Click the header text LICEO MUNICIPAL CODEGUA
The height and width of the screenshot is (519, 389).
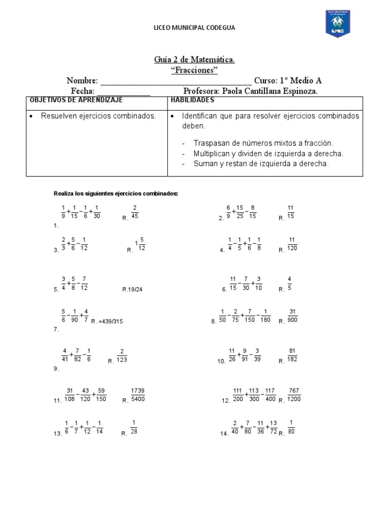[x=194, y=28]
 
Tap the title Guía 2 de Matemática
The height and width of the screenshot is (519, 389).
[x=194, y=60]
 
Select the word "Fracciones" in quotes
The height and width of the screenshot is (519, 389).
[x=194, y=70]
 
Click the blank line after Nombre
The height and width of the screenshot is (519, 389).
[x=176, y=82]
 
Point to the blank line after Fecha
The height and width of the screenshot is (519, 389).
[x=124, y=92]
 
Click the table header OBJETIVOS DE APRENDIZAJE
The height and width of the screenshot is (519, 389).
[x=76, y=100]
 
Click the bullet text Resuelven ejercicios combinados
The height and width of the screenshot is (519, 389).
[x=98, y=116]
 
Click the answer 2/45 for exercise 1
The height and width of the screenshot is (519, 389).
[x=135, y=212]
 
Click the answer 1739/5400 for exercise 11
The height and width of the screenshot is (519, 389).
[x=138, y=395]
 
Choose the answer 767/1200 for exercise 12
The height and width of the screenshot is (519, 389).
[x=294, y=395]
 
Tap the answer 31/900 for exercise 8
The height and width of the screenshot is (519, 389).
[x=293, y=316]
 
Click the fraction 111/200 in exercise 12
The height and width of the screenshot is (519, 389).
[x=238, y=395]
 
